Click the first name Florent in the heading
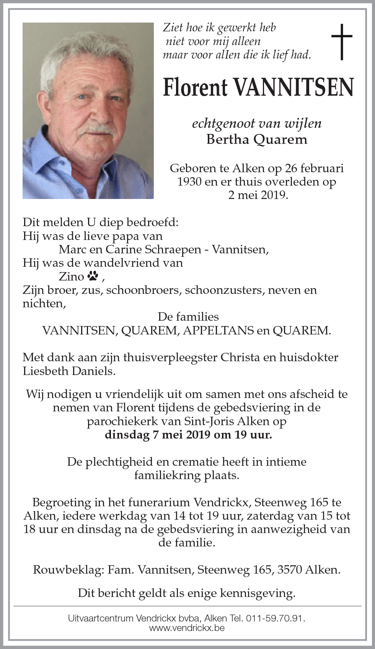(x=195, y=87)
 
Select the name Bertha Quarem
(x=257, y=139)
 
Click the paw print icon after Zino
(x=93, y=276)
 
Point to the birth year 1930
(x=189, y=181)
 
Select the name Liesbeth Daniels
(x=69, y=371)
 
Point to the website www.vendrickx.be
(x=187, y=628)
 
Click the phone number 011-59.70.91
(x=276, y=618)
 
